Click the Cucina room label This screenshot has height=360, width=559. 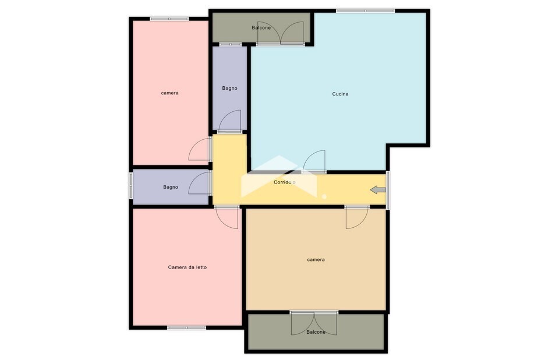click(x=340, y=94)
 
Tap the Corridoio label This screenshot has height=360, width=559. click(x=285, y=182)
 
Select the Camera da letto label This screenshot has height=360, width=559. click(x=187, y=267)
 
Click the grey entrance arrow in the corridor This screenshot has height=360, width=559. click(x=378, y=190)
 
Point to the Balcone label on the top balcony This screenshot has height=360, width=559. click(x=261, y=28)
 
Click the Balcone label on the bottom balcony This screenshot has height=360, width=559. click(x=316, y=332)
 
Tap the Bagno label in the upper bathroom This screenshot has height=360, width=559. click(x=229, y=89)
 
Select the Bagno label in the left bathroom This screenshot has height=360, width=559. click(x=171, y=187)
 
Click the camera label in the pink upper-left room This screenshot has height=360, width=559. click(x=169, y=93)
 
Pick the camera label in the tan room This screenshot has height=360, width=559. click(x=316, y=260)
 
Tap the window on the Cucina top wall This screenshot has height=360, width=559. click(x=366, y=10)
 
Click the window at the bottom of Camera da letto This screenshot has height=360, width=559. click(x=187, y=327)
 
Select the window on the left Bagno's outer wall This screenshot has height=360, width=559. click(x=130, y=185)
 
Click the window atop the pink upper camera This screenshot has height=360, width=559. click(x=169, y=19)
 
